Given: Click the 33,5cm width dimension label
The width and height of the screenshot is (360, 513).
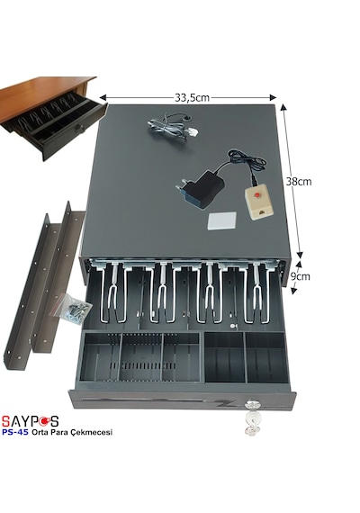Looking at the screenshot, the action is tap(192, 97).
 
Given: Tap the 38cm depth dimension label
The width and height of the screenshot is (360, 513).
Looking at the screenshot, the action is tap(299, 182).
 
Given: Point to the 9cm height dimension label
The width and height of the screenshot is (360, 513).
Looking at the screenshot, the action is tap(300, 276).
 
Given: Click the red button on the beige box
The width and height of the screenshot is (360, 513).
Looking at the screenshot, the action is tap(257, 195).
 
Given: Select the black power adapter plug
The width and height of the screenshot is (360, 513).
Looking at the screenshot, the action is tap(200, 188).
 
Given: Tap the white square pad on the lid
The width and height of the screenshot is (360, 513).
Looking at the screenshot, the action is tap(222, 221).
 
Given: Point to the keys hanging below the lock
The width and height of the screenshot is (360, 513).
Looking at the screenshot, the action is tap(251, 424).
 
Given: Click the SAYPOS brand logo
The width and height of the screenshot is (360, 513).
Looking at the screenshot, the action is tap(30, 421).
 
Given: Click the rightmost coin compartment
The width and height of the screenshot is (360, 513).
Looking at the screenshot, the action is tap(265, 357).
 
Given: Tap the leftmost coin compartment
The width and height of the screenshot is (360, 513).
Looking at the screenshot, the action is tap(101, 357).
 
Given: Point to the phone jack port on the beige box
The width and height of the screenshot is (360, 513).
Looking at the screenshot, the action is tap(262, 212).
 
